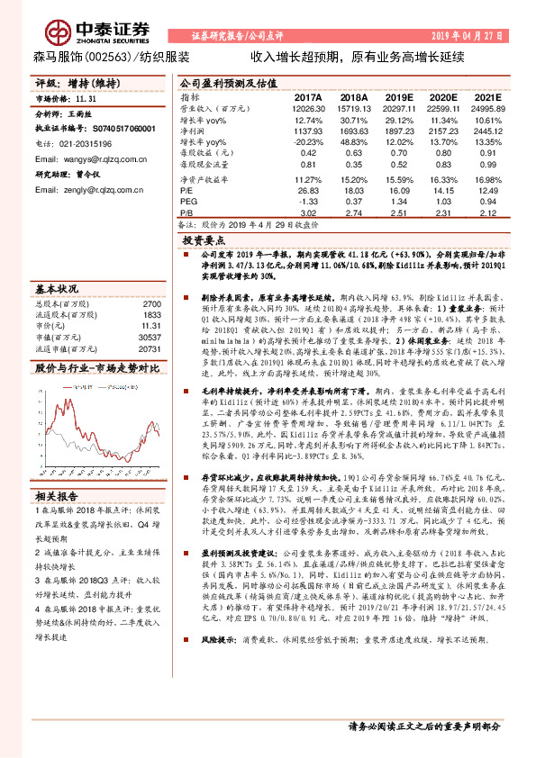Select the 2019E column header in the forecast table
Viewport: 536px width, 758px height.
[399, 97]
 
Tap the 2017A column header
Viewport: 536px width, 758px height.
[308, 97]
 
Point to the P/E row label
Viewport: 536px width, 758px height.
[187, 191]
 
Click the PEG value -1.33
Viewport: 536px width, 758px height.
[308, 203]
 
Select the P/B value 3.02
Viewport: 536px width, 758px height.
[308, 213]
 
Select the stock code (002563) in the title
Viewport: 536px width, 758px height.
[105, 57]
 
